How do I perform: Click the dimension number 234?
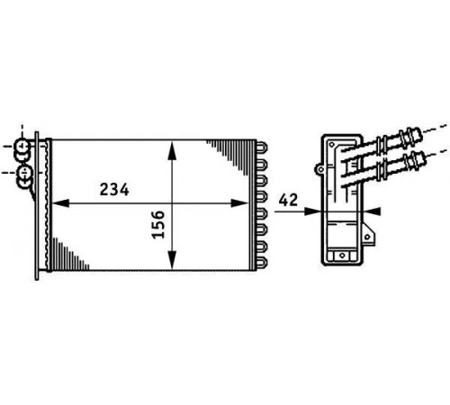click(x=114, y=190)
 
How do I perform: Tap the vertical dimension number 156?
click(x=158, y=224)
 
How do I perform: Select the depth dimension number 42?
click(x=288, y=200)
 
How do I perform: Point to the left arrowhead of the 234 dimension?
click(x=60, y=203)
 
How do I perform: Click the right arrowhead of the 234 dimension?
click(x=240, y=203)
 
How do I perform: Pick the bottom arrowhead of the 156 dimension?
click(x=172, y=260)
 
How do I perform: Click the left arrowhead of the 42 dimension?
click(x=312, y=211)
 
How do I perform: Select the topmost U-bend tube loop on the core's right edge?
click(x=262, y=148)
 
